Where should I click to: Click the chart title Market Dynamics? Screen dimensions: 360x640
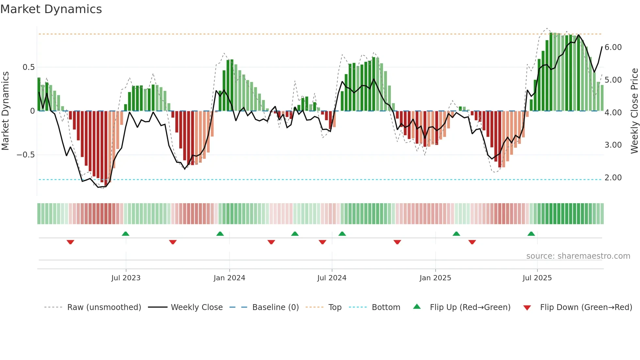click(51, 9)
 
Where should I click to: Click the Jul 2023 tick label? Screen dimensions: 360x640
click(126, 278)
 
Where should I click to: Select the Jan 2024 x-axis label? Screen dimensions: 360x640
click(229, 278)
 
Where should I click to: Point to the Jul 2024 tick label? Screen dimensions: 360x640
click(332, 278)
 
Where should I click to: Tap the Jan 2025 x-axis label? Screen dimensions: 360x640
click(435, 278)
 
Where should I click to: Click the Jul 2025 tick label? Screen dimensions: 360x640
click(537, 278)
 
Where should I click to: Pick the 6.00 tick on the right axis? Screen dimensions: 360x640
click(613, 47)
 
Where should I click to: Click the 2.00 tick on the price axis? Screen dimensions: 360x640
click(613, 178)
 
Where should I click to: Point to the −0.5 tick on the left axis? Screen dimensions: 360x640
click(26, 155)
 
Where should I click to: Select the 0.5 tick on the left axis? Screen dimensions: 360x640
click(28, 67)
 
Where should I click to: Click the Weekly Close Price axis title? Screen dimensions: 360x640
click(634, 111)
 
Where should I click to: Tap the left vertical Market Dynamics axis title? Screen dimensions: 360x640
click(5, 111)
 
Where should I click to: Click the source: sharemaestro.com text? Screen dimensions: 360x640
click(578, 256)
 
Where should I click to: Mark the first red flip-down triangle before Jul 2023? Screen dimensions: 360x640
click(70, 242)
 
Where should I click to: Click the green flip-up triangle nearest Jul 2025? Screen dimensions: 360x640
click(531, 234)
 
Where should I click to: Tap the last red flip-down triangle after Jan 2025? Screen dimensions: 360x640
click(472, 242)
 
